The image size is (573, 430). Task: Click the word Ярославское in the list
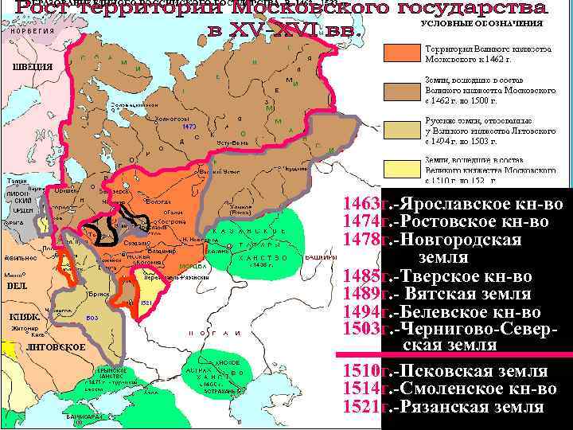pos(445,202)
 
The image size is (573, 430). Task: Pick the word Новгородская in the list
pos(461,239)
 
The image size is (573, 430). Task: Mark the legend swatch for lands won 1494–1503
pos(400,130)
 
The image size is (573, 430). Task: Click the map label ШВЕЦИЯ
pos(33,66)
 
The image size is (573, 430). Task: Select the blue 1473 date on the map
pos(189,127)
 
